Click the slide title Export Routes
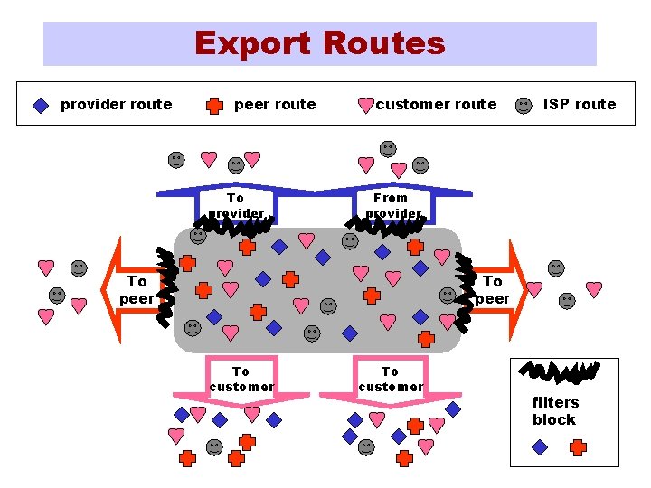[x=320, y=43]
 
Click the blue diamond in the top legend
[x=40, y=105]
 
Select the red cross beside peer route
[x=214, y=105]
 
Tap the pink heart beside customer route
[x=365, y=105]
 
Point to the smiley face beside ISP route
[x=524, y=105]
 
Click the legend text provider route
[x=116, y=104]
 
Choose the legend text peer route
[x=275, y=104]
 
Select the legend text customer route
[x=436, y=104]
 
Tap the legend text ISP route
[x=580, y=104]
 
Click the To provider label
[x=236, y=205]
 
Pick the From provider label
[x=392, y=205]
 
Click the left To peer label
[x=137, y=290]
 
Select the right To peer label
[x=492, y=290]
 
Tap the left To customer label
[x=241, y=379]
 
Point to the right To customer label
[x=390, y=379]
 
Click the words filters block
[x=554, y=411]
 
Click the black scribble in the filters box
[x=561, y=371]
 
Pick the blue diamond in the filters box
[x=540, y=446]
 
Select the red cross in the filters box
[x=578, y=446]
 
